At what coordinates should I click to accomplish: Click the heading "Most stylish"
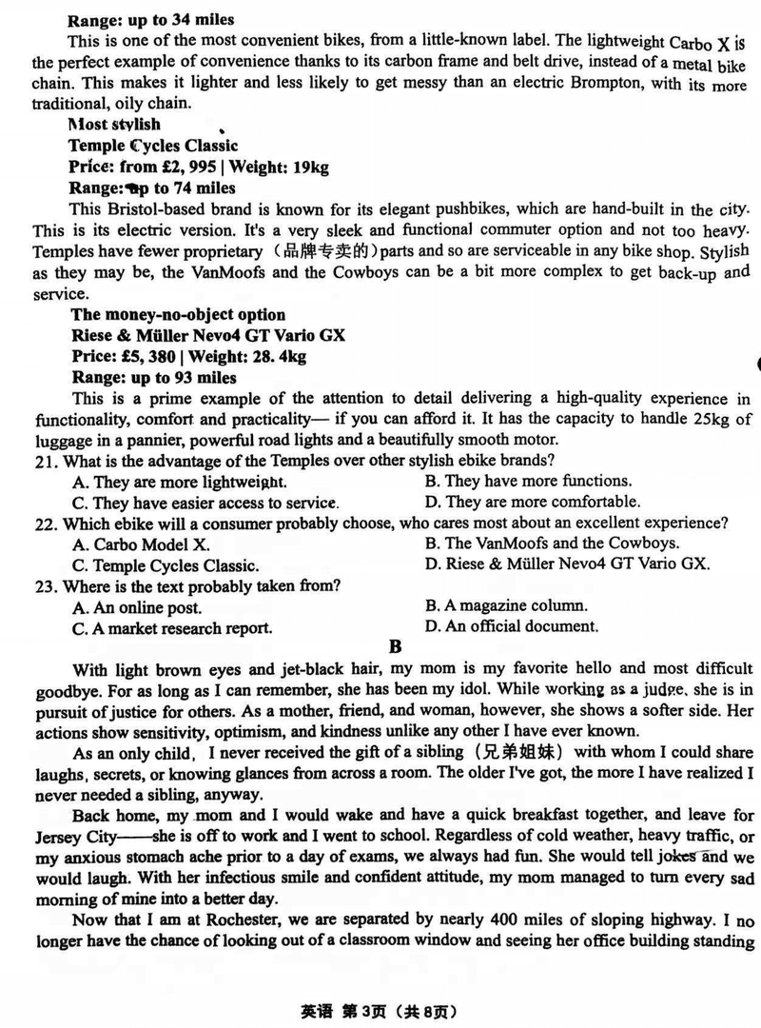click(x=114, y=124)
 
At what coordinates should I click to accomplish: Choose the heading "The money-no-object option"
click(x=178, y=315)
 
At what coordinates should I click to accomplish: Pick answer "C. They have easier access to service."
click(x=205, y=503)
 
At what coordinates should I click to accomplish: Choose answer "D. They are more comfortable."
click(x=532, y=502)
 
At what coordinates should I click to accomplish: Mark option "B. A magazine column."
click(x=506, y=605)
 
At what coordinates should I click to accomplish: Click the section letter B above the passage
click(x=397, y=647)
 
